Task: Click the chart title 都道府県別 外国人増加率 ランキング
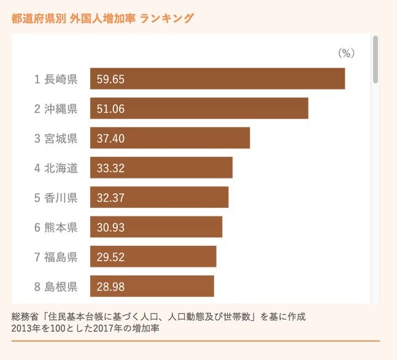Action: pos(102,18)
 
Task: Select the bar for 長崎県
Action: pos(217,79)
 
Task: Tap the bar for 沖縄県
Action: pos(199,109)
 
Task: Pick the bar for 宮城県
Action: pos(170,138)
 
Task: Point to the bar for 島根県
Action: pos(152,286)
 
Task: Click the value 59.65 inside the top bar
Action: pos(111,79)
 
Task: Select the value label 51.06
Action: pos(111,109)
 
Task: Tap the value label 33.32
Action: pos(111,168)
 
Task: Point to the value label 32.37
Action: pos(111,197)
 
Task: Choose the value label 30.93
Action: pos(111,228)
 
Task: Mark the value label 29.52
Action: pos(111,257)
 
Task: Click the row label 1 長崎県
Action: pos(56,79)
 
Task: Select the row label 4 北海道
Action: pos(56,168)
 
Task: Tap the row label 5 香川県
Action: pos(56,197)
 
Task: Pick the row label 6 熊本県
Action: pos(56,228)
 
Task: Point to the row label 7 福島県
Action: pos(56,257)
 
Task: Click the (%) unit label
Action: pos(347,53)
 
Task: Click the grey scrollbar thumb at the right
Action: pos(375,59)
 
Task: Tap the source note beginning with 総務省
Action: pos(158,316)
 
